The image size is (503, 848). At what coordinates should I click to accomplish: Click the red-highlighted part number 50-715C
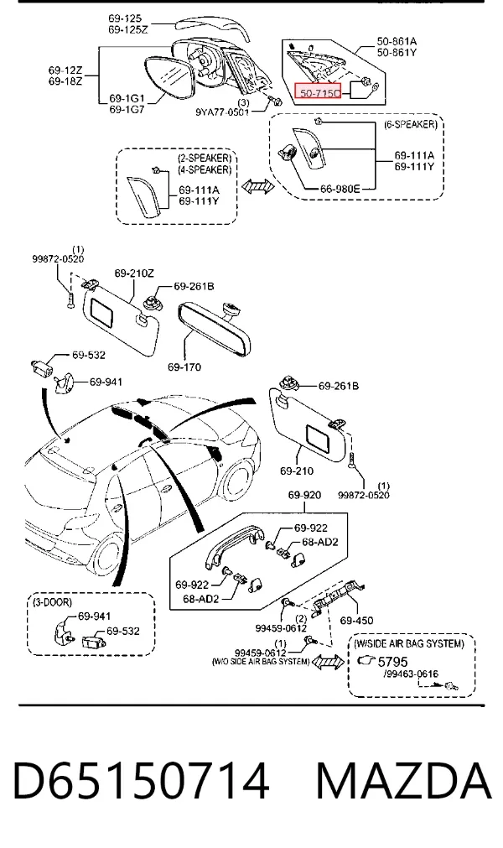[x=319, y=93]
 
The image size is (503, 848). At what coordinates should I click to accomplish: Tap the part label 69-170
[x=184, y=367]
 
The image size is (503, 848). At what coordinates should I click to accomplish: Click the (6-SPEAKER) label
[x=411, y=124]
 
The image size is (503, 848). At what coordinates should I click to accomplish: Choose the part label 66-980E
[x=340, y=189]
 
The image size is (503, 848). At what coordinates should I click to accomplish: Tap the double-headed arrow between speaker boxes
[x=257, y=187]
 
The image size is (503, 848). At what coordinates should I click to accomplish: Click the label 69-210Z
[x=133, y=273]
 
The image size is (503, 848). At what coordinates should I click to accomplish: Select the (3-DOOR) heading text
[x=53, y=602]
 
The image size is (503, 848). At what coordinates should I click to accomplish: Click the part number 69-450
[x=356, y=621]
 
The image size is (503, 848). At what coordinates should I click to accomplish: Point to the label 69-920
[x=304, y=495]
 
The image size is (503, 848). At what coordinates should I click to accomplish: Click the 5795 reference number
[x=392, y=662]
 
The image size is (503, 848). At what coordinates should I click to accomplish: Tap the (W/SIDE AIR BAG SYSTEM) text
[x=409, y=643]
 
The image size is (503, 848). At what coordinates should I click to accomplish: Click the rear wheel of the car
[x=111, y=556]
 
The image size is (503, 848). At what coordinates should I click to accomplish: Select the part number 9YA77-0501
[x=222, y=112]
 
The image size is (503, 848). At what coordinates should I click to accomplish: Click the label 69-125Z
[x=128, y=29]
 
